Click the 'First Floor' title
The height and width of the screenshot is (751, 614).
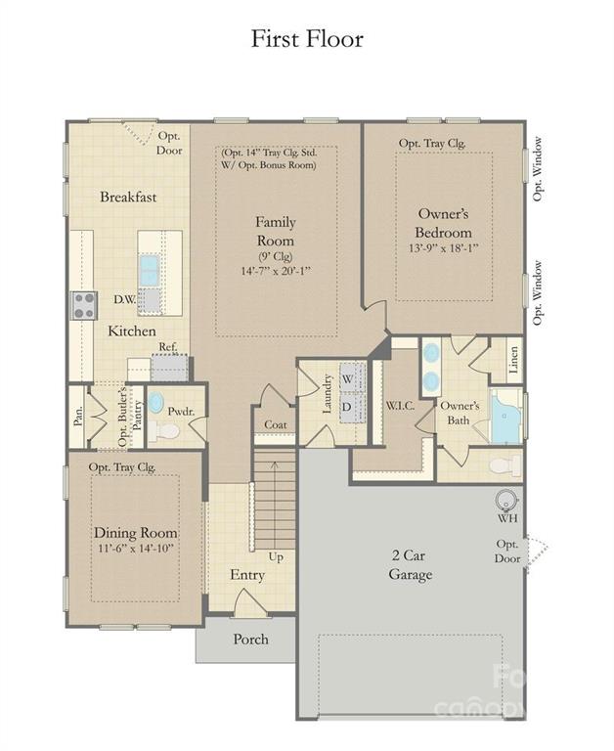(x=307, y=39)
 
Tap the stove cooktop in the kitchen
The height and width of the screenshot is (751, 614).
(x=84, y=305)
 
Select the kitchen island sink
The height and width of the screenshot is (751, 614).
(x=149, y=271)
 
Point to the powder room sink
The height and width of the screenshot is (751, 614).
(x=155, y=403)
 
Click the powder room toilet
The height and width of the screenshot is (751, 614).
(x=163, y=431)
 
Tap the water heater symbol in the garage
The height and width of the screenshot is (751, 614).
(x=505, y=500)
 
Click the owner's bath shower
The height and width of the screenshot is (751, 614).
(x=505, y=416)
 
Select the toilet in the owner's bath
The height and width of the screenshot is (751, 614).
(x=505, y=465)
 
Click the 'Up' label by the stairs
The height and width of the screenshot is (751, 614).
(x=276, y=557)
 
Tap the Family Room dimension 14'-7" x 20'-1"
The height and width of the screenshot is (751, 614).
(x=276, y=271)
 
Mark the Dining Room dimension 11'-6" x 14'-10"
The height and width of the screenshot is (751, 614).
(x=135, y=549)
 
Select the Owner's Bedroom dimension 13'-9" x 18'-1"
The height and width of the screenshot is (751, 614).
(x=444, y=248)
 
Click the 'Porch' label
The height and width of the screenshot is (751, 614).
(x=250, y=640)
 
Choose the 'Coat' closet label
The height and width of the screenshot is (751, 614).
(x=276, y=424)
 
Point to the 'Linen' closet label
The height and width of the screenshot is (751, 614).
(x=513, y=360)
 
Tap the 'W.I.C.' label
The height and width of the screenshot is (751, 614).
(x=400, y=405)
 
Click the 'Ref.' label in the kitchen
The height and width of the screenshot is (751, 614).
(x=168, y=347)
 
